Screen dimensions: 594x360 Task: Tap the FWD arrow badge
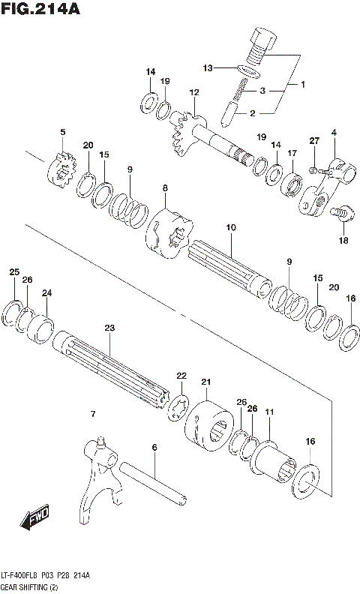click(35, 517)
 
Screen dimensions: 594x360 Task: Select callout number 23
click(109, 328)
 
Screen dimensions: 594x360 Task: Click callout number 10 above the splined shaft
click(230, 226)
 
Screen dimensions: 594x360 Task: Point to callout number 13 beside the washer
click(208, 67)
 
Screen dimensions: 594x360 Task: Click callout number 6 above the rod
click(154, 448)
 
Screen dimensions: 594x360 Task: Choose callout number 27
click(314, 141)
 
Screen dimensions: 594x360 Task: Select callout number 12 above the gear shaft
click(193, 92)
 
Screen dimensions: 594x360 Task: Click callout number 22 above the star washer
click(181, 376)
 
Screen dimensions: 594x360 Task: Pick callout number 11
click(268, 412)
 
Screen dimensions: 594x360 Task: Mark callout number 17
click(292, 153)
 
